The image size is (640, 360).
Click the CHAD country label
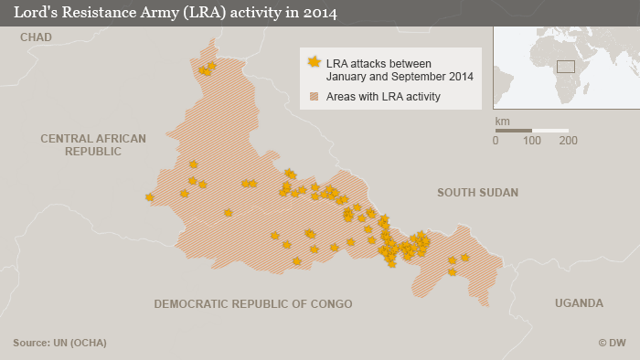tap(36, 37)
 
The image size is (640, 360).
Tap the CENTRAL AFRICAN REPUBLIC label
tap(92, 144)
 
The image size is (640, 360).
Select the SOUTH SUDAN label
tap(477, 193)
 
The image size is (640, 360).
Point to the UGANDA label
tap(579, 303)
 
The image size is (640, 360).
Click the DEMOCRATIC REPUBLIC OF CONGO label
tap(252, 303)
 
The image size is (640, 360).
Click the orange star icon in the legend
tap(315, 62)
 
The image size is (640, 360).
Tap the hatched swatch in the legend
tap(315, 96)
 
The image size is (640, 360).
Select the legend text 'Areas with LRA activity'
tap(383, 96)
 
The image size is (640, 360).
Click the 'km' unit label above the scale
tap(502, 121)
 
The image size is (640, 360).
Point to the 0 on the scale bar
tap(496, 141)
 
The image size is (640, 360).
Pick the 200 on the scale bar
tap(569, 141)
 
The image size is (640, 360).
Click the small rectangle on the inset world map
tap(566, 67)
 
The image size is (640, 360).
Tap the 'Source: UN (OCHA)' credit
tap(59, 343)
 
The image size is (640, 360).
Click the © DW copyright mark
tap(612, 343)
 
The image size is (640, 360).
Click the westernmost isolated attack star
tap(149, 196)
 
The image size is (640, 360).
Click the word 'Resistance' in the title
tap(98, 13)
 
